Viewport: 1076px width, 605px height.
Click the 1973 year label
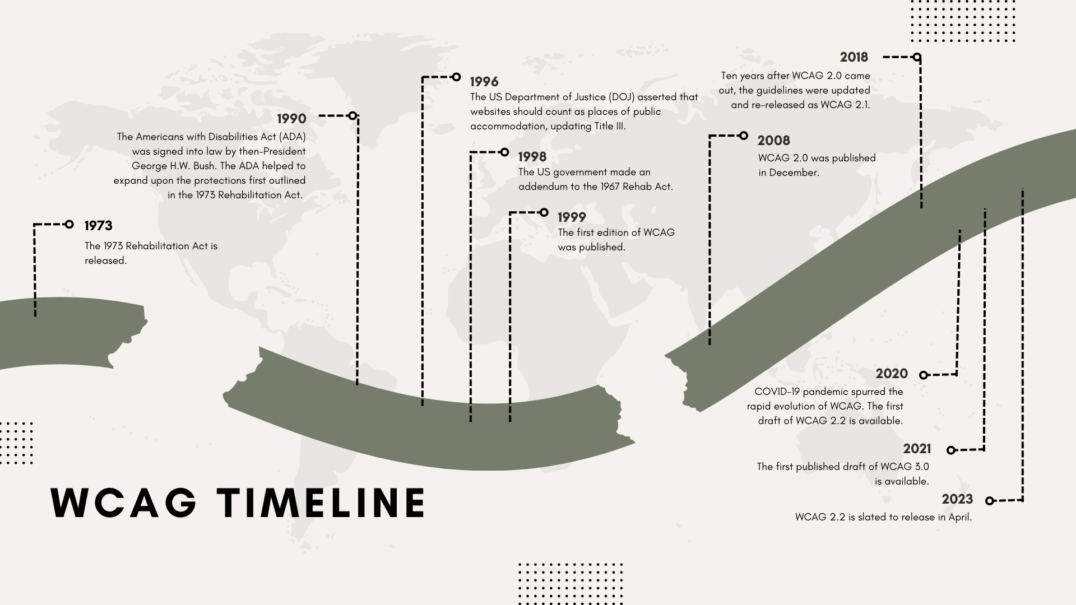98,226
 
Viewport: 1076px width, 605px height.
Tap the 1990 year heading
291,119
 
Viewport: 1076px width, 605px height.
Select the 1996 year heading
484,82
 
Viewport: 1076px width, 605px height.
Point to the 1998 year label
532,157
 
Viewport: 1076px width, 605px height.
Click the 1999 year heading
572,217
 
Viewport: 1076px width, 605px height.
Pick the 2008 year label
773,141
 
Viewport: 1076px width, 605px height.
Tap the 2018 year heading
854,57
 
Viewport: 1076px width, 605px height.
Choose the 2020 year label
892,374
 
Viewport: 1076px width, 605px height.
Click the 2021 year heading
917,449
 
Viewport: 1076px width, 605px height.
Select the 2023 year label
957,500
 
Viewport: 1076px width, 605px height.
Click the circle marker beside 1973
69,225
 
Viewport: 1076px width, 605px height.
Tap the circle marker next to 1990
352,116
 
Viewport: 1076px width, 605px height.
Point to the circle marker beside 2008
744,136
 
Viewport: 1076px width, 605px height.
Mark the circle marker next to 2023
990,501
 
